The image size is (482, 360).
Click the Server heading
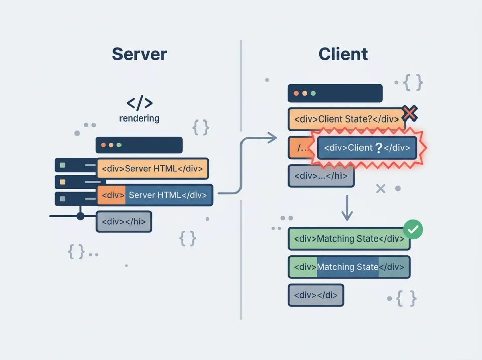pyautogui.click(x=139, y=54)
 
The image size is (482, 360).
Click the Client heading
pyautogui.click(x=343, y=54)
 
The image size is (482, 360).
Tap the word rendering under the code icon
pyautogui.click(x=139, y=118)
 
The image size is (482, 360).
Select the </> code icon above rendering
pyautogui.click(x=139, y=103)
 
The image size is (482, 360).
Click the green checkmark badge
pyautogui.click(x=413, y=230)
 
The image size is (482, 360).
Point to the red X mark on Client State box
pyautogui.click(x=410, y=113)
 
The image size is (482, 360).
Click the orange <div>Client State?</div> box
pyautogui.click(x=346, y=119)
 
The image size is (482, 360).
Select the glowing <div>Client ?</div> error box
pyautogui.click(x=367, y=148)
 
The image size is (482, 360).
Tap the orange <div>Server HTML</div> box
pyautogui.click(x=152, y=169)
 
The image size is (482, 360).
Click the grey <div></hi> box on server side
pyautogui.click(x=124, y=221)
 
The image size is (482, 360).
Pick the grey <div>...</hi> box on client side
pyautogui.click(x=321, y=176)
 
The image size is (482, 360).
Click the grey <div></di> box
pyautogui.click(x=316, y=295)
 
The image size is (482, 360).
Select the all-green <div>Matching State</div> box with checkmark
pyautogui.click(x=349, y=239)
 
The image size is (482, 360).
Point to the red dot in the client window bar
pyautogui.click(x=296, y=93)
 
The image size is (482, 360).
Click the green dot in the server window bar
pyautogui.click(x=119, y=145)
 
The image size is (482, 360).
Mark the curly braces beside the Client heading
pyautogui.click(x=413, y=82)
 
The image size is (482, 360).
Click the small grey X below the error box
pyautogui.click(x=380, y=189)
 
